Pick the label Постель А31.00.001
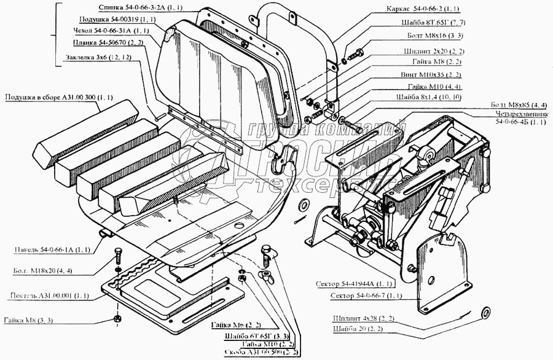click(x=50, y=295)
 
